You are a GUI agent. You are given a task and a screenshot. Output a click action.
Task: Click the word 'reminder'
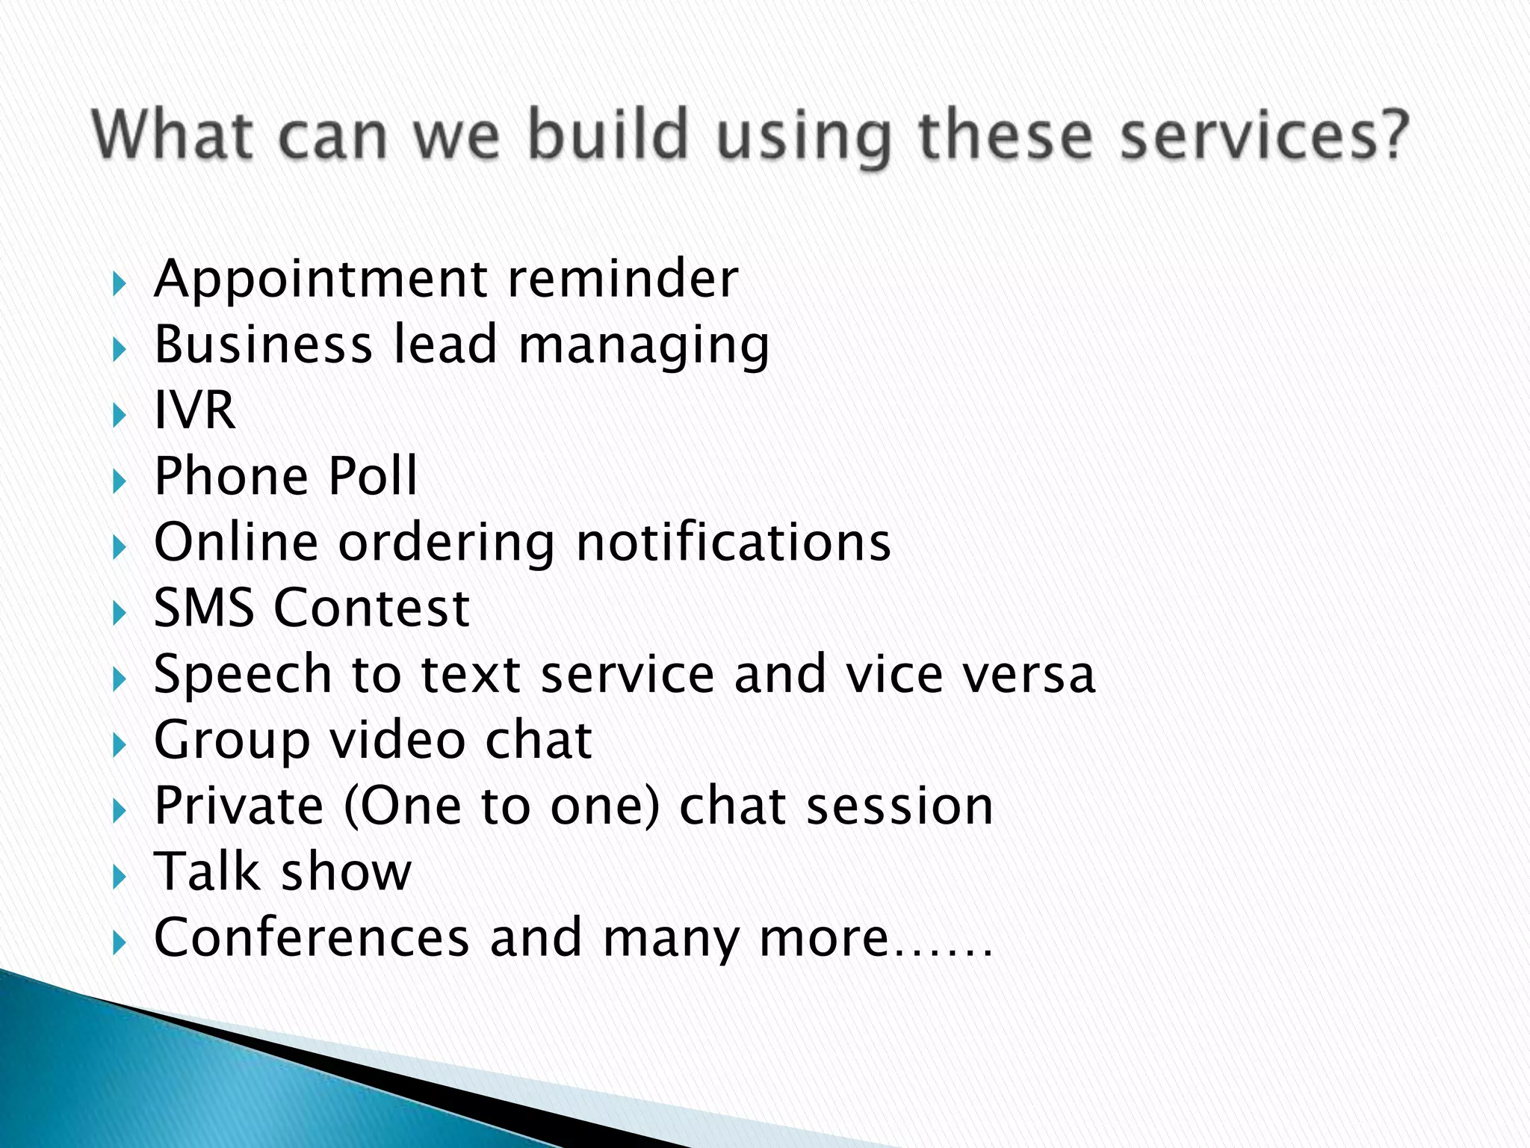click(622, 279)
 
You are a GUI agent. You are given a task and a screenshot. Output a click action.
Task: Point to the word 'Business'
click(263, 345)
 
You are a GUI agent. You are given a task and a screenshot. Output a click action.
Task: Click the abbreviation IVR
click(194, 410)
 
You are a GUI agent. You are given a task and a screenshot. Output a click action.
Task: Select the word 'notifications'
click(734, 542)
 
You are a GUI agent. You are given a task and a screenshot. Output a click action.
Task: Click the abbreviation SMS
click(203, 608)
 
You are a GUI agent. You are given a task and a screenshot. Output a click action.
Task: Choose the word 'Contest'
click(371, 608)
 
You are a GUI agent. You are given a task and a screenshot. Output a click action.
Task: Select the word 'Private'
click(238, 806)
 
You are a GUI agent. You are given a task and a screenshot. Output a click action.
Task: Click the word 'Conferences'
click(312, 937)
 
